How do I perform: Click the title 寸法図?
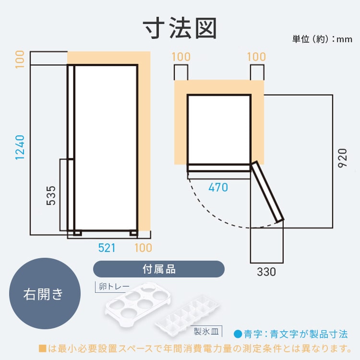tap(180, 28)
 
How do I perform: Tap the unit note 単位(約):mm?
tap(322, 39)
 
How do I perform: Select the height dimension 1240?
tap(20, 147)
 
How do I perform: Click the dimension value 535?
tap(51, 195)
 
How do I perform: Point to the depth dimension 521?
tap(107, 248)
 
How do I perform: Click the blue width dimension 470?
tap(218, 187)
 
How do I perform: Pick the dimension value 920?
tap(342, 158)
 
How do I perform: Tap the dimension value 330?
tap(266, 272)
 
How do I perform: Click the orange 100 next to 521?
tap(143, 248)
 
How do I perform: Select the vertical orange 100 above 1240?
tap(20, 60)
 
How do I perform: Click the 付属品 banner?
tap(159, 269)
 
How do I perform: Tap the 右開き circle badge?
tap(45, 294)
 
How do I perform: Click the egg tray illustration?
tap(138, 301)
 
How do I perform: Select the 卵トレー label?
tap(114, 286)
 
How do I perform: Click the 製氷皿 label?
tap(206, 331)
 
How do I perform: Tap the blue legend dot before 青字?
tap(238, 334)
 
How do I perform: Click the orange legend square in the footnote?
tap(42, 348)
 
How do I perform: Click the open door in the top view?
tap(267, 192)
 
